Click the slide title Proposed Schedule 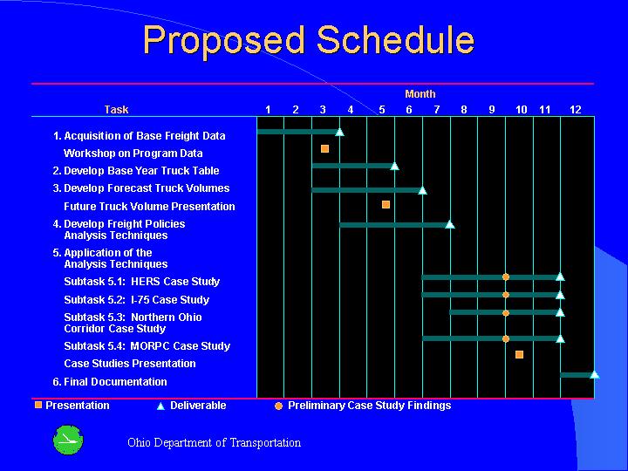click(309, 41)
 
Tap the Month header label click(420, 93)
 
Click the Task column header click(116, 109)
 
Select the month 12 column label click(576, 109)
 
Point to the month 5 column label click(381, 109)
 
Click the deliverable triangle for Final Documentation click(594, 374)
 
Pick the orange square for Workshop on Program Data click(324, 149)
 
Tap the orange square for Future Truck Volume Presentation click(386, 204)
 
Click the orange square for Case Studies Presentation click(519, 354)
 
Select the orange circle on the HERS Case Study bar click(505, 276)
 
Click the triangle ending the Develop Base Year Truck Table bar click(394, 166)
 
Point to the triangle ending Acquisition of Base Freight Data click(339, 132)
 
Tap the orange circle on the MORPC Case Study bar click(505, 338)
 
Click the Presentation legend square click(38, 405)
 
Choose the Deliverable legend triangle click(160, 406)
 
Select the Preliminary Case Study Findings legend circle click(278, 406)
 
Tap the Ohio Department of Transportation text click(214, 442)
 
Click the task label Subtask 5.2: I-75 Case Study click(136, 299)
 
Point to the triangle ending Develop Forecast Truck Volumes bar click(422, 190)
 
